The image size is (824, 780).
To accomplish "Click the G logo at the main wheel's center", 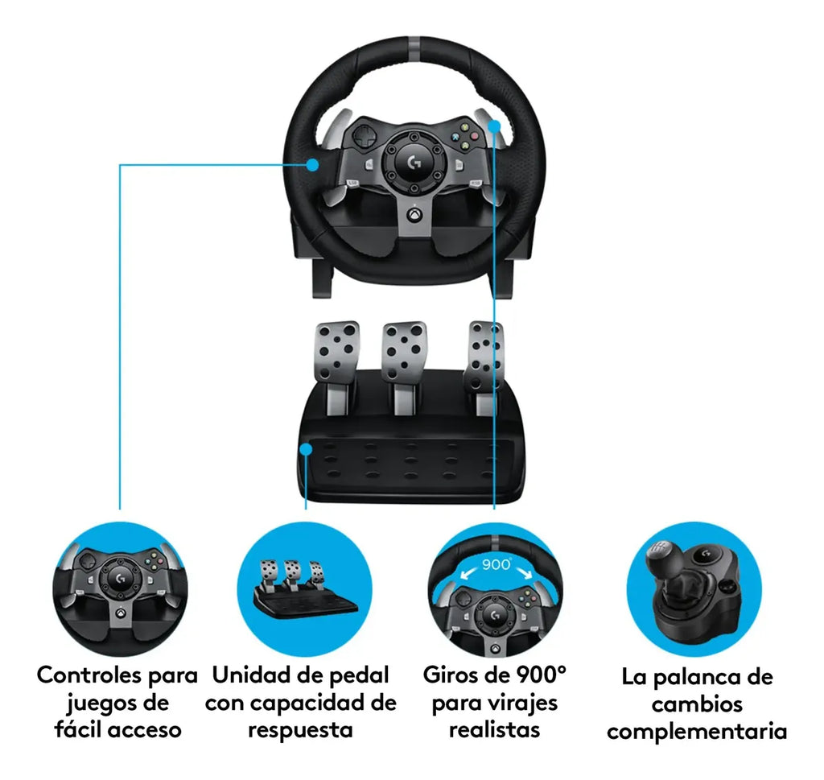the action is tap(414, 163).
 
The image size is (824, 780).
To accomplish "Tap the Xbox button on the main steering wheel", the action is tap(414, 214).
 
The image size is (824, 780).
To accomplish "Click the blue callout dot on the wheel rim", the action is tap(313, 164).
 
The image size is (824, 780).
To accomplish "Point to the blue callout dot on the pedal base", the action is tap(306, 449).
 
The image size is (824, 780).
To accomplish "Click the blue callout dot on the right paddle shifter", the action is tap(495, 126).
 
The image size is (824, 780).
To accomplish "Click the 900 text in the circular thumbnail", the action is tap(496, 564).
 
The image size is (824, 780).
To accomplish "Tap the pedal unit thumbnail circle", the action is tap(305, 588).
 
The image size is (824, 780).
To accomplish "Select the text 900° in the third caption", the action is tap(542, 675).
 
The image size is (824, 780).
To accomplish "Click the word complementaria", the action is tap(697, 732).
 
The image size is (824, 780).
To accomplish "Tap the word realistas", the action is tap(495, 729).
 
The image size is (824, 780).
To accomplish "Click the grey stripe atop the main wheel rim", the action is tap(414, 44).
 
